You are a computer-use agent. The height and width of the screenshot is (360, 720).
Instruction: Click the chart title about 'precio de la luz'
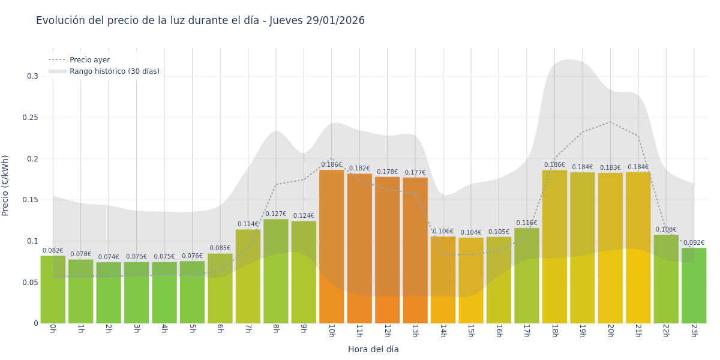(x=200, y=21)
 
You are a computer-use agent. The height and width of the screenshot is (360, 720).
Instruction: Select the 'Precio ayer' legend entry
(x=89, y=60)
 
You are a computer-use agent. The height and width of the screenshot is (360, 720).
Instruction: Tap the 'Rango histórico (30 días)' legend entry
(x=114, y=71)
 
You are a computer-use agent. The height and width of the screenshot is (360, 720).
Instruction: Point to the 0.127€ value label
(x=276, y=214)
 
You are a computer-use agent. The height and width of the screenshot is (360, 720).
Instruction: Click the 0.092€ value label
(x=694, y=243)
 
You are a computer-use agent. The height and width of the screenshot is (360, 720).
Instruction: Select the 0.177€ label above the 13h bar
(x=415, y=173)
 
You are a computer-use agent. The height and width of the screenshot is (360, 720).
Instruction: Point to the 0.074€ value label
(x=109, y=257)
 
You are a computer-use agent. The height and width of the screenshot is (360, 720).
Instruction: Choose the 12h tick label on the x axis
(x=387, y=331)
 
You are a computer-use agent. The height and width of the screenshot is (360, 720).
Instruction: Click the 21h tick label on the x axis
(x=638, y=331)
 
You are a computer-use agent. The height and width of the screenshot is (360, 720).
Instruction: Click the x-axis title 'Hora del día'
(x=373, y=349)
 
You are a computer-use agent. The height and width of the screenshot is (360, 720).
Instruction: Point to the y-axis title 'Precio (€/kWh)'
(x=5, y=185)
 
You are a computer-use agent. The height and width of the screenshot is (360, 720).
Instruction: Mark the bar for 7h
(x=248, y=276)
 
